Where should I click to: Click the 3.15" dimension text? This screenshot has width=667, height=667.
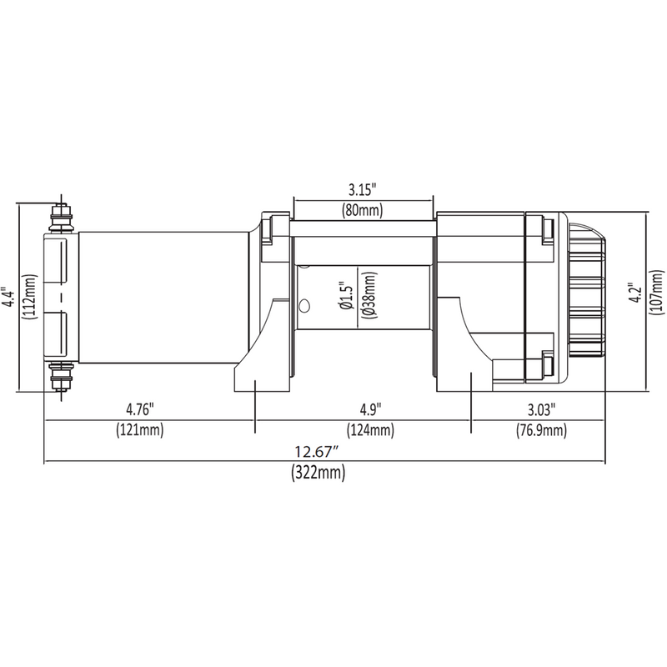click(363, 188)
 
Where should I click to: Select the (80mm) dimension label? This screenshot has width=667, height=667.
click(363, 210)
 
